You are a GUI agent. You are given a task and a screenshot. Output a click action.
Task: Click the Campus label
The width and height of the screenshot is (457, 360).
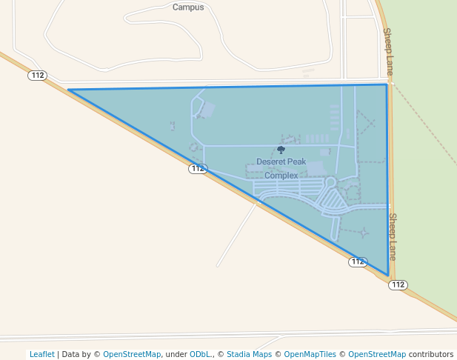point(188,7)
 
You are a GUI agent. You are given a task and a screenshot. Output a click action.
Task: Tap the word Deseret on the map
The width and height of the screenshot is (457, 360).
point(270,161)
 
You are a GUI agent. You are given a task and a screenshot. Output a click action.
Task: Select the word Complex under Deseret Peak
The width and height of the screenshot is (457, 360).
point(281,176)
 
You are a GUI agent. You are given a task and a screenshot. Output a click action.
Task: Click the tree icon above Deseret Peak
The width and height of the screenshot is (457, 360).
point(281,150)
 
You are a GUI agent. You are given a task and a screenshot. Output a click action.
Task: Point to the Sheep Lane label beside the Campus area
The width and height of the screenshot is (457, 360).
point(387,51)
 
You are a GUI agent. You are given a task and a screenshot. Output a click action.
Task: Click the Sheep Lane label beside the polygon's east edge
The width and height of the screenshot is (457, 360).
point(393,236)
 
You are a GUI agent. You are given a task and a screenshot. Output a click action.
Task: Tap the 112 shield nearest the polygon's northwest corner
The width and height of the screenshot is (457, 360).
point(38,76)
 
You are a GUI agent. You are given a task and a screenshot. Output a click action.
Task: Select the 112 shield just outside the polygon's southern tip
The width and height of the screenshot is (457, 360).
point(398,284)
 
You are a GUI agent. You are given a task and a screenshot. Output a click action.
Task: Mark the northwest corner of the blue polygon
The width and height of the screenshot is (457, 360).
point(68,90)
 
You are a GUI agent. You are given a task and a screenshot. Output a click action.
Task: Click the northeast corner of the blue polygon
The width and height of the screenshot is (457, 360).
point(386,84)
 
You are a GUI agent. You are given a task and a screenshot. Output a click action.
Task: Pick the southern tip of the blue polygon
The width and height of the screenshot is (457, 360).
point(388,276)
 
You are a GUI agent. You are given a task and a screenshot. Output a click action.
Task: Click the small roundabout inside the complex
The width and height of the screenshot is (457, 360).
point(330,181)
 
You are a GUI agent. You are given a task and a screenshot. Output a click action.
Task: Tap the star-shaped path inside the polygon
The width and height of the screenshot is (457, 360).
point(364,233)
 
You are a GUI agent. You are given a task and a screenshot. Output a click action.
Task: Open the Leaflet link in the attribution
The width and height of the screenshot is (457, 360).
point(42,354)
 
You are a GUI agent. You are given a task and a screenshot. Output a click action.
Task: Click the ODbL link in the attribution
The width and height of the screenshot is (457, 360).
point(199,354)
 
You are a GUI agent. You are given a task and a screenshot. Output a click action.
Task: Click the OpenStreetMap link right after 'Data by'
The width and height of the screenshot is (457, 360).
point(131,354)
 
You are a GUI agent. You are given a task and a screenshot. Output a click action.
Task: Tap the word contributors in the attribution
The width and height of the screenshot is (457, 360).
point(431,354)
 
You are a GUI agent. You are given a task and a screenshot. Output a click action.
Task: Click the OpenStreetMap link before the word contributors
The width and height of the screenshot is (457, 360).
point(377,354)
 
